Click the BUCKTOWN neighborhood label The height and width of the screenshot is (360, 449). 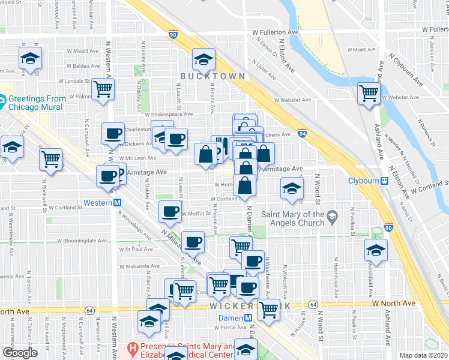click(212, 76)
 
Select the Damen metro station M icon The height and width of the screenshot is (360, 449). click(247, 317)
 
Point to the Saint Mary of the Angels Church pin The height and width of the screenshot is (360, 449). click(331, 215)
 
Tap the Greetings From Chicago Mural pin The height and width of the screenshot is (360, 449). click(2, 100)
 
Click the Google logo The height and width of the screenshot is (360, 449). click(20, 352)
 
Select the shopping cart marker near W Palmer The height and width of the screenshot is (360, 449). click(103, 89)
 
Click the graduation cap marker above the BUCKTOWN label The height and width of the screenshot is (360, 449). click(203, 59)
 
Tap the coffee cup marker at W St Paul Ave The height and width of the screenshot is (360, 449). click(193, 242)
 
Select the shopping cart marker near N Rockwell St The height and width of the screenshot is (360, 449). click(51, 159)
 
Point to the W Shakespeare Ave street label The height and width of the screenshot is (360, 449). click(167, 113)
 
